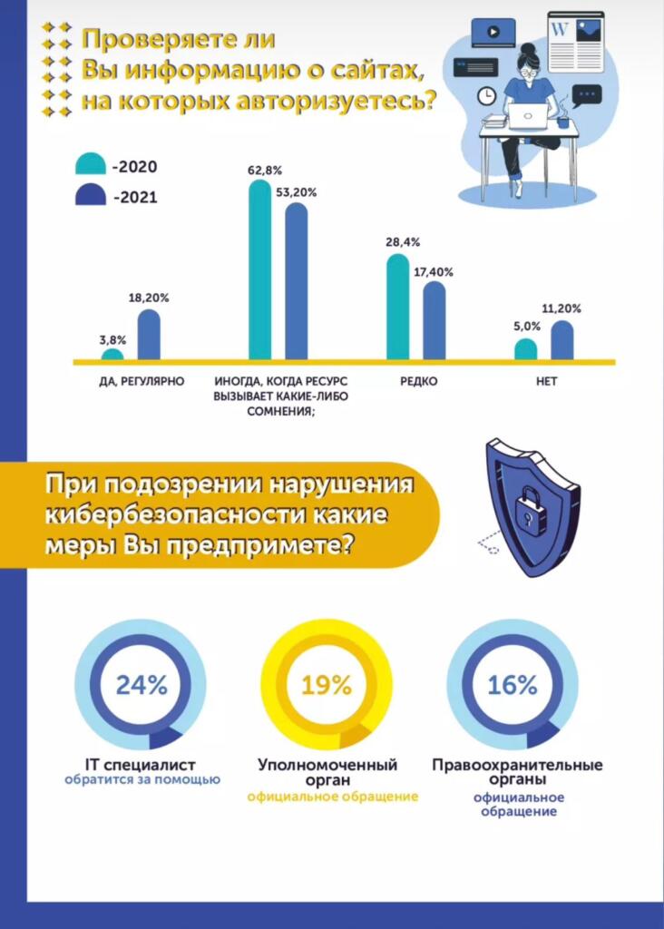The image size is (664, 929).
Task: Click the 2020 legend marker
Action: coord(90,165)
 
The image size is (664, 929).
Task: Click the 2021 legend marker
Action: coord(90,195)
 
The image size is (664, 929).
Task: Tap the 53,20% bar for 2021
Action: coord(297,281)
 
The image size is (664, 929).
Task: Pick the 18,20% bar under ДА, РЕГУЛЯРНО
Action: coord(149,335)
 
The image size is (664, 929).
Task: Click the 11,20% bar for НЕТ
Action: coord(562,340)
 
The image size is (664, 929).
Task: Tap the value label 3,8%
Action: coord(112,339)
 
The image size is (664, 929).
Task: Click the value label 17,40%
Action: coord(435,272)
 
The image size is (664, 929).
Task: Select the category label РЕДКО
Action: coord(418,382)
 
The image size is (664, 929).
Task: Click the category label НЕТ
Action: coord(546,382)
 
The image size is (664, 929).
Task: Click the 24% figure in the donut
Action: coord(142,685)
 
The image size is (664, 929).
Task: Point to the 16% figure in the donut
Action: coord(513,685)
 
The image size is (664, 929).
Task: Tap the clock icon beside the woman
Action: coord(487,93)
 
